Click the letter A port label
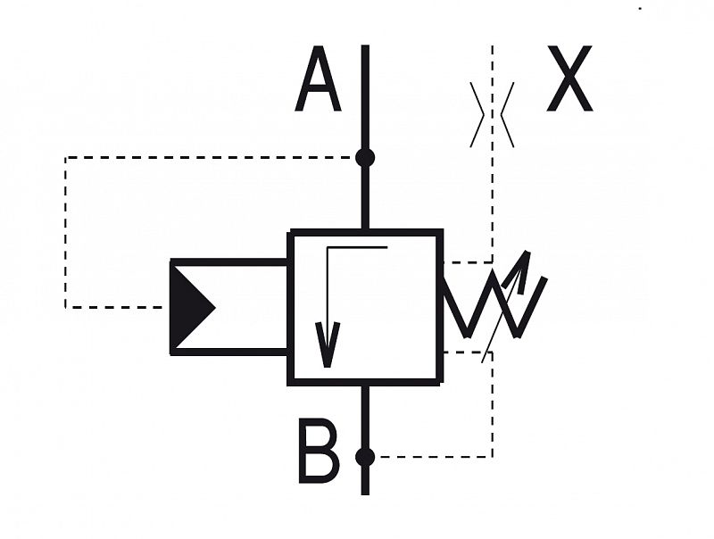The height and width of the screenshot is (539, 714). pyautogui.click(x=319, y=79)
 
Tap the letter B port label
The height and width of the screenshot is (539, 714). pyautogui.click(x=319, y=451)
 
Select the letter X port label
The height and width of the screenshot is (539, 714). pyautogui.click(x=569, y=79)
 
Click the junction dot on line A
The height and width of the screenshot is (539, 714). pyautogui.click(x=365, y=158)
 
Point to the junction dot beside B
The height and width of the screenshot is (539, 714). pyautogui.click(x=365, y=457)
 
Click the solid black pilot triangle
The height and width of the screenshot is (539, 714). pyautogui.click(x=191, y=308)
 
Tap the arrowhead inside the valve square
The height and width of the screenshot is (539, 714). pyautogui.click(x=328, y=344)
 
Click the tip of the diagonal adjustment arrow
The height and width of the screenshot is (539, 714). pyautogui.click(x=527, y=251)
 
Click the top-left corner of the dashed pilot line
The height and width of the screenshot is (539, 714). pyautogui.click(x=65, y=158)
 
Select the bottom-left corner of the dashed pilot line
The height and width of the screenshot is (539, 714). pyautogui.click(x=65, y=307)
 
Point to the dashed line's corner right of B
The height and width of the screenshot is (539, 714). pyautogui.click(x=493, y=457)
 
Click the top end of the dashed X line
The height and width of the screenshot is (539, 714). pyautogui.click(x=493, y=46)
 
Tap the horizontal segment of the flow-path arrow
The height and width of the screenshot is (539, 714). pyautogui.click(x=357, y=248)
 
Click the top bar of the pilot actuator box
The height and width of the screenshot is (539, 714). pyautogui.click(x=229, y=262)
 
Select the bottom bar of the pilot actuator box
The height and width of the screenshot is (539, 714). pyautogui.click(x=229, y=352)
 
